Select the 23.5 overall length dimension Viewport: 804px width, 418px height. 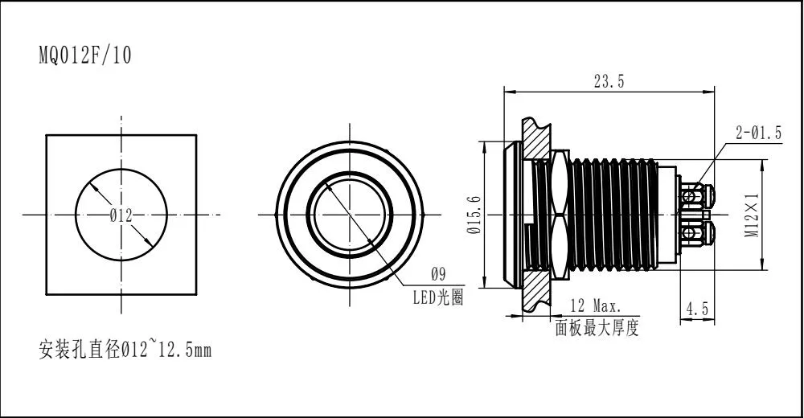(x=608, y=80)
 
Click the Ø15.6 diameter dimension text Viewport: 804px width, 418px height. (x=474, y=215)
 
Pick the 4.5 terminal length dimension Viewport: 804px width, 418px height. (x=696, y=308)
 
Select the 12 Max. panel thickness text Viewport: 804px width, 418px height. (x=595, y=306)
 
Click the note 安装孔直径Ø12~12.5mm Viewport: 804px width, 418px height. (x=125, y=350)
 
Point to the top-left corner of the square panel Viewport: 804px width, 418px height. (x=47, y=135)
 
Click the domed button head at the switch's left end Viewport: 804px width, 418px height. (x=511, y=215)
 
